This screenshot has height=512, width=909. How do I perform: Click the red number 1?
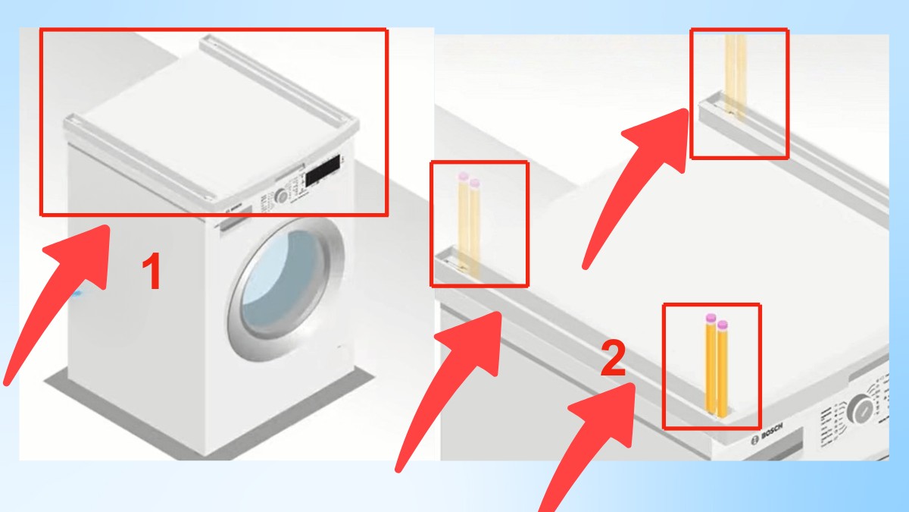pyautogui.click(x=153, y=272)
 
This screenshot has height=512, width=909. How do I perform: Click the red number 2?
pyautogui.click(x=613, y=360)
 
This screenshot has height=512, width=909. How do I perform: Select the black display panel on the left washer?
pyautogui.click(x=323, y=171)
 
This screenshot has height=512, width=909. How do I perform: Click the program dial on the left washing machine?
pyautogui.click(x=282, y=195)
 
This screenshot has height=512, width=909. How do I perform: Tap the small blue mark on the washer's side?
pyautogui.click(x=80, y=291)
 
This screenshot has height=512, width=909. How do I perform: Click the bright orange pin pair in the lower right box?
pyautogui.click(x=716, y=368)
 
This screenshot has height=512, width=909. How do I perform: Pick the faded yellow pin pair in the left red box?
pyautogui.click(x=469, y=224)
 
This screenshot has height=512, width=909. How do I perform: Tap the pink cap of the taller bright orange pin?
pyautogui.click(x=711, y=318)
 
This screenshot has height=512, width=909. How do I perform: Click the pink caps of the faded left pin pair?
pyautogui.click(x=469, y=180)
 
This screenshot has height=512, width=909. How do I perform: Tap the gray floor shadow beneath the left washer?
pyautogui.click(x=151, y=432)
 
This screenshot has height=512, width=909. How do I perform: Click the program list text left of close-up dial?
pyautogui.click(x=829, y=420)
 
